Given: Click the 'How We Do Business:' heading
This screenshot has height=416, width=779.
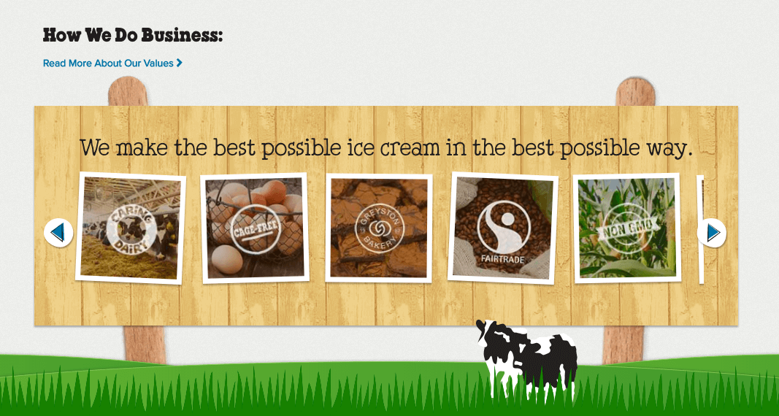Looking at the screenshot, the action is point(133,35).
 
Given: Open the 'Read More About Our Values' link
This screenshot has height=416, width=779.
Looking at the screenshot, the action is point(112,63).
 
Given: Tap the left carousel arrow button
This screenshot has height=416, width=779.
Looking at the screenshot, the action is point(58,232).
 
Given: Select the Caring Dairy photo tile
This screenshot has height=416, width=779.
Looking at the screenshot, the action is point(131,228).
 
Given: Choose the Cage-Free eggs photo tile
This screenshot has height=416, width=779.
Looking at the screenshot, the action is point(254,228).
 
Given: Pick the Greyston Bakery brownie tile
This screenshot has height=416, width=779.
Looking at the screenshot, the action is point(379,228).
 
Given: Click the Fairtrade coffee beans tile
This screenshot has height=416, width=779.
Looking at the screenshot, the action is point(503,228).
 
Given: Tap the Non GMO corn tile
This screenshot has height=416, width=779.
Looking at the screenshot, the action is point(627,228).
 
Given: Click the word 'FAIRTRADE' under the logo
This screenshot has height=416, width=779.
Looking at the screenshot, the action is point(503,259).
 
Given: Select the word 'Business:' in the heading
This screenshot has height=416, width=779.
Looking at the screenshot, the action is point(183,35).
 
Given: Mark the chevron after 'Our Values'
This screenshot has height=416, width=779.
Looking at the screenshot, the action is point(180,63).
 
